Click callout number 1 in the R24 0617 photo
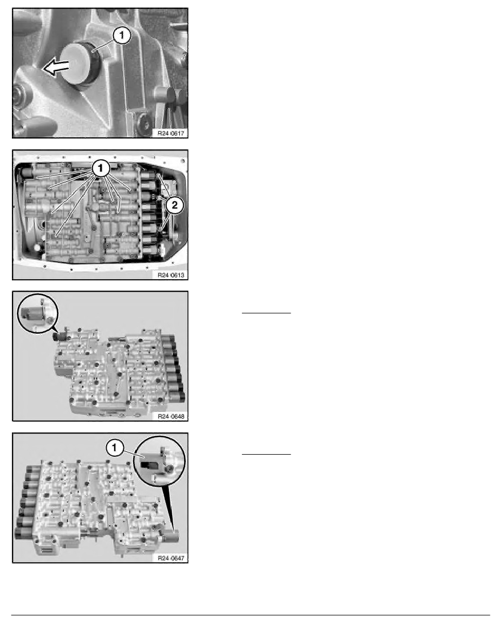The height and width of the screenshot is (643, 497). click(x=121, y=36)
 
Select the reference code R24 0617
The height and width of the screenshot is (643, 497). click(x=171, y=133)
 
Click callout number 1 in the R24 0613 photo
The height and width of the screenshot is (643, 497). click(x=101, y=168)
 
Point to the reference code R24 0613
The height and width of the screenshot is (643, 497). click(x=171, y=275)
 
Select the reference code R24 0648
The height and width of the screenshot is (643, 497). click(x=171, y=416)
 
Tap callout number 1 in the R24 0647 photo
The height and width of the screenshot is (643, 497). click(x=114, y=448)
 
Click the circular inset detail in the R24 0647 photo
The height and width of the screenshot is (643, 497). click(x=160, y=461)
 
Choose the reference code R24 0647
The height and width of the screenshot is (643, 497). click(x=171, y=558)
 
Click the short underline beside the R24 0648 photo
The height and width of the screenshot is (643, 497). click(x=266, y=313)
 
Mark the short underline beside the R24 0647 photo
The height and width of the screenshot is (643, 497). click(x=266, y=454)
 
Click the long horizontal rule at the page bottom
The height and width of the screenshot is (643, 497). click(x=251, y=615)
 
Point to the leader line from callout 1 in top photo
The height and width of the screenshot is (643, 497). click(x=103, y=45)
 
